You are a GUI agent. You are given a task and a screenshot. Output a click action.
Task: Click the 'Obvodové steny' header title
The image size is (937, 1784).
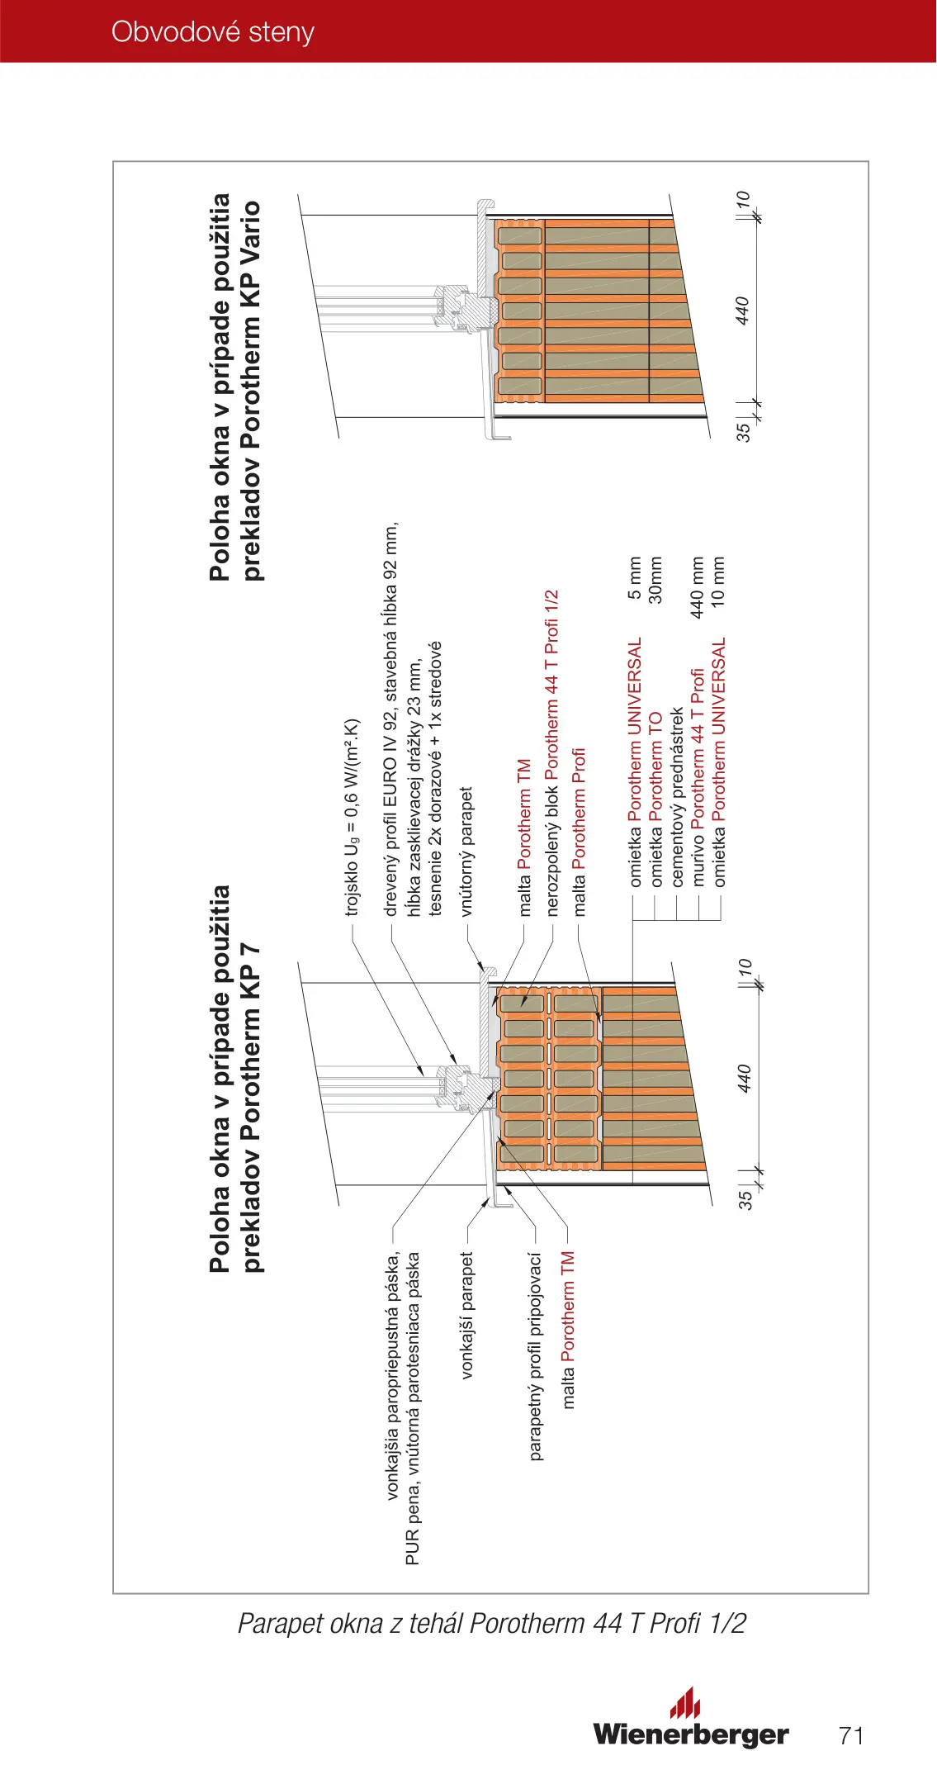pos(213,32)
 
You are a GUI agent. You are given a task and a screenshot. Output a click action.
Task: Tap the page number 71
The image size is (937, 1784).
pos(851,1735)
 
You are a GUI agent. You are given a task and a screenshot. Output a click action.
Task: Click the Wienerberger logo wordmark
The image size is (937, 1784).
pos(690,1733)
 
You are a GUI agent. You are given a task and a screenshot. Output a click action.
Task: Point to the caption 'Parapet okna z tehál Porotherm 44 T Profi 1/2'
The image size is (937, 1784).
pos(491,1623)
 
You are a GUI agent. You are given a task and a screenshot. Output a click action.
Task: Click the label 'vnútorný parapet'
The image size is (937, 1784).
pos(467,852)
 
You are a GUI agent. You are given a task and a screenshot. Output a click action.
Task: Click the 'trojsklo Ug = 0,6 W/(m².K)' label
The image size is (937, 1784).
pos(353,818)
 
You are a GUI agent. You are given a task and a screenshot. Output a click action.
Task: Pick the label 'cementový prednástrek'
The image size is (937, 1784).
pos(677,797)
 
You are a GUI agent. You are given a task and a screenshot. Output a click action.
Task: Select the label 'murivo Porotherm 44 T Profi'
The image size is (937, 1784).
pos(698,777)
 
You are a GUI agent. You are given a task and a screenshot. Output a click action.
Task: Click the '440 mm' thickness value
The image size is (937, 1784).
pos(698,587)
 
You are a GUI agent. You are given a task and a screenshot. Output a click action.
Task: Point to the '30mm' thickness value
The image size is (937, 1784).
pos(655,580)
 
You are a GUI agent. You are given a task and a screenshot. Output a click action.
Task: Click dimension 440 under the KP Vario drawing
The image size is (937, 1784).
pos(742,311)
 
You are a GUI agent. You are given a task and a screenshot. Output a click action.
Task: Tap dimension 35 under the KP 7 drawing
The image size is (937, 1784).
pos(745,1198)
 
